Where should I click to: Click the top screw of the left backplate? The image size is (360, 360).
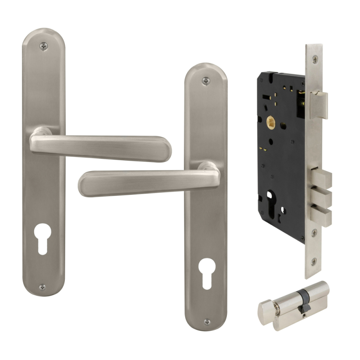(43, 45)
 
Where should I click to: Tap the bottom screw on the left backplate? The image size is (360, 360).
(42, 286)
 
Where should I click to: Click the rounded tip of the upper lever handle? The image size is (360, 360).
(165, 148)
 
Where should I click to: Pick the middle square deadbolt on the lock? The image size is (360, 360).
(323, 197)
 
